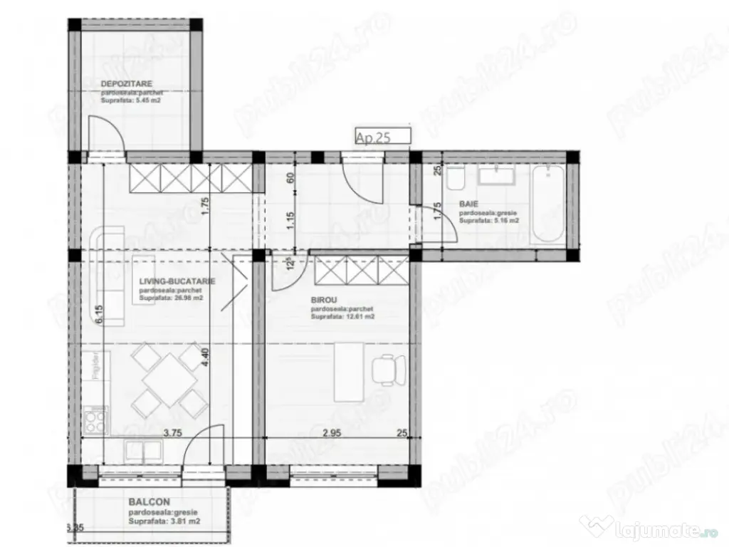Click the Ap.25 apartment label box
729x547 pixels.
click(x=383, y=137)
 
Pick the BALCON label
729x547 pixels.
click(x=149, y=502)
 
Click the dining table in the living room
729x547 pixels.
click(x=168, y=379)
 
